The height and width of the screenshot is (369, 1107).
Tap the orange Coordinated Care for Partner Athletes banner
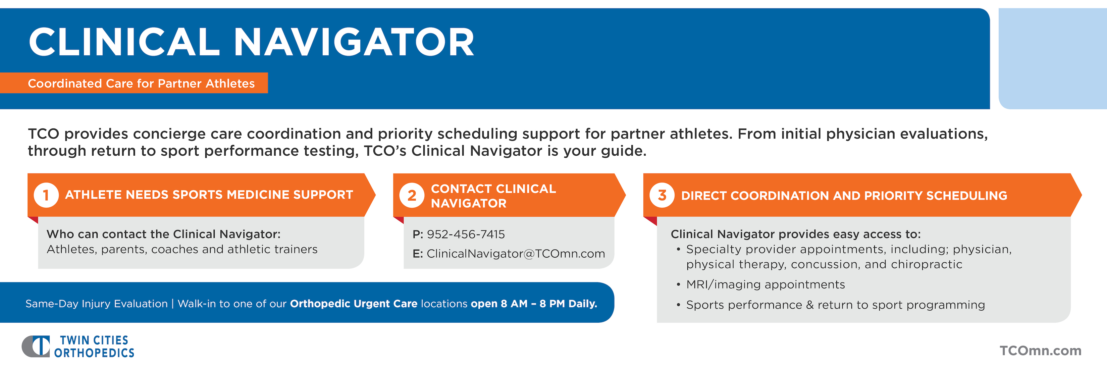(134, 83)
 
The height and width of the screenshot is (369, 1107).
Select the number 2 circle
(412, 196)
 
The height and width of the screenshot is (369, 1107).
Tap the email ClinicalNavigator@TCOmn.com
(516, 254)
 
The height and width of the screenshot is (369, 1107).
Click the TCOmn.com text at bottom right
(1040, 351)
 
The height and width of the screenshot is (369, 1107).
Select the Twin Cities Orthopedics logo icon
(36, 346)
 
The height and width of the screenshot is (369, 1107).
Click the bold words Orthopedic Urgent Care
(354, 304)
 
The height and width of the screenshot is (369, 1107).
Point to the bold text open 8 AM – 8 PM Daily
(534, 304)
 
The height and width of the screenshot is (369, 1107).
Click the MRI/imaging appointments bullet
(766, 284)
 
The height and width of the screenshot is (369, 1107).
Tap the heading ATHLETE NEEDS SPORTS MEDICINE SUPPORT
(209, 195)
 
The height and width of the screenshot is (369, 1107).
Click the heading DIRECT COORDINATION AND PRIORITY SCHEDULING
(844, 196)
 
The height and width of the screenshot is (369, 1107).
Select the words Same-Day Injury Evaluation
(97, 304)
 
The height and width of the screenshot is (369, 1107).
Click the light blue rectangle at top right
(1053, 58)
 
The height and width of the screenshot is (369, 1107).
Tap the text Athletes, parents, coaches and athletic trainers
(182, 249)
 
